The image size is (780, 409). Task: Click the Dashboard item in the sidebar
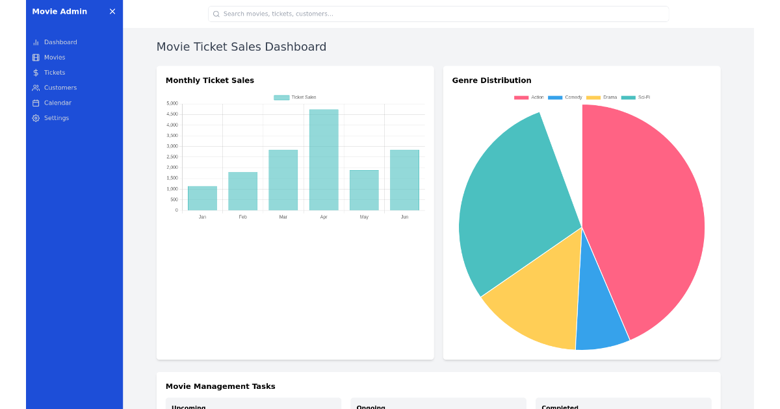coord(60,42)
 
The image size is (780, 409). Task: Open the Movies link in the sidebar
coord(55,57)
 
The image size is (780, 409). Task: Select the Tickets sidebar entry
coord(55,73)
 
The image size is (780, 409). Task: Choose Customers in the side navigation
coord(60,88)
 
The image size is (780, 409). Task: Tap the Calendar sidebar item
coord(57,103)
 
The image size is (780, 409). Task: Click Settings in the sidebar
coord(56,118)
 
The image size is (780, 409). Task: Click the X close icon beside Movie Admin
coord(112,12)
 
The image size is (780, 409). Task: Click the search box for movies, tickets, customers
coord(438,14)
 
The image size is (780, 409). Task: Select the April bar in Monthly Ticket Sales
coord(324,160)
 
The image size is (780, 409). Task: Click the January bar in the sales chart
coord(202,198)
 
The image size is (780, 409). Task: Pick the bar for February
coord(242,191)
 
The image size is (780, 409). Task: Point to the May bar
coord(364,190)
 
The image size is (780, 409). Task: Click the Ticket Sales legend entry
coord(295,97)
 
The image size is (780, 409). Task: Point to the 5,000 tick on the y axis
coord(172,103)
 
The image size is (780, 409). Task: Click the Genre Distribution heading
coord(491,81)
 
